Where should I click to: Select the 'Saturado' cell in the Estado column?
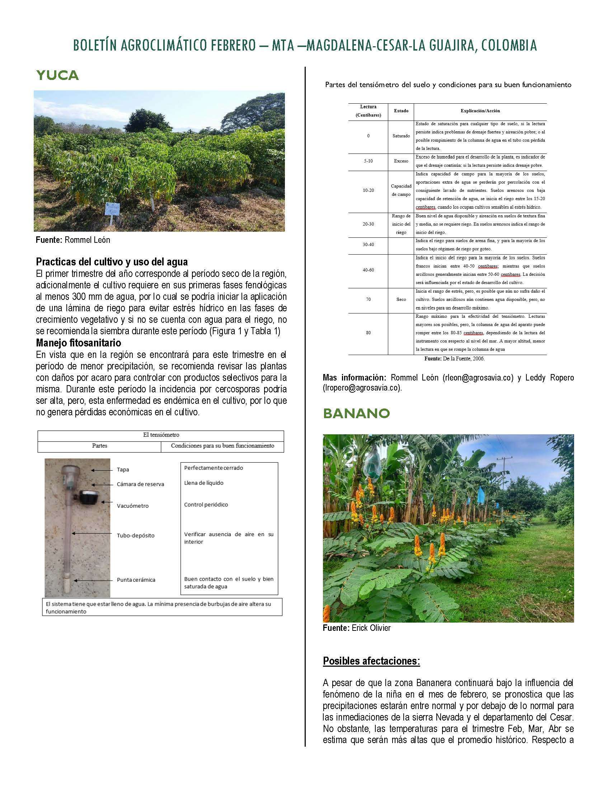[x=401, y=136]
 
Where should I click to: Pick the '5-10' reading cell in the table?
[x=368, y=161]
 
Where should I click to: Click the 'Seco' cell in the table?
[x=401, y=299]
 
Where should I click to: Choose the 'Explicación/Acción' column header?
[x=480, y=111]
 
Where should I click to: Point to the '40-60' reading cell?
[x=368, y=270]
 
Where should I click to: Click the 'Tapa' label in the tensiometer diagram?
[x=123, y=470]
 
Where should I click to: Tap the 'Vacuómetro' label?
[x=133, y=506]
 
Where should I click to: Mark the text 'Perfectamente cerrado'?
[x=213, y=468]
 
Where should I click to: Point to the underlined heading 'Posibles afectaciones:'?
[x=371, y=661]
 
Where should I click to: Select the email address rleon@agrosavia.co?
[x=478, y=378]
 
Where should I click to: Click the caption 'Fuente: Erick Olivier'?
[x=356, y=628]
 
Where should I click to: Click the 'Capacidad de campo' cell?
[x=401, y=190]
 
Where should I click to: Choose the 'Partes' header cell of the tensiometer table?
[x=99, y=446]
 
